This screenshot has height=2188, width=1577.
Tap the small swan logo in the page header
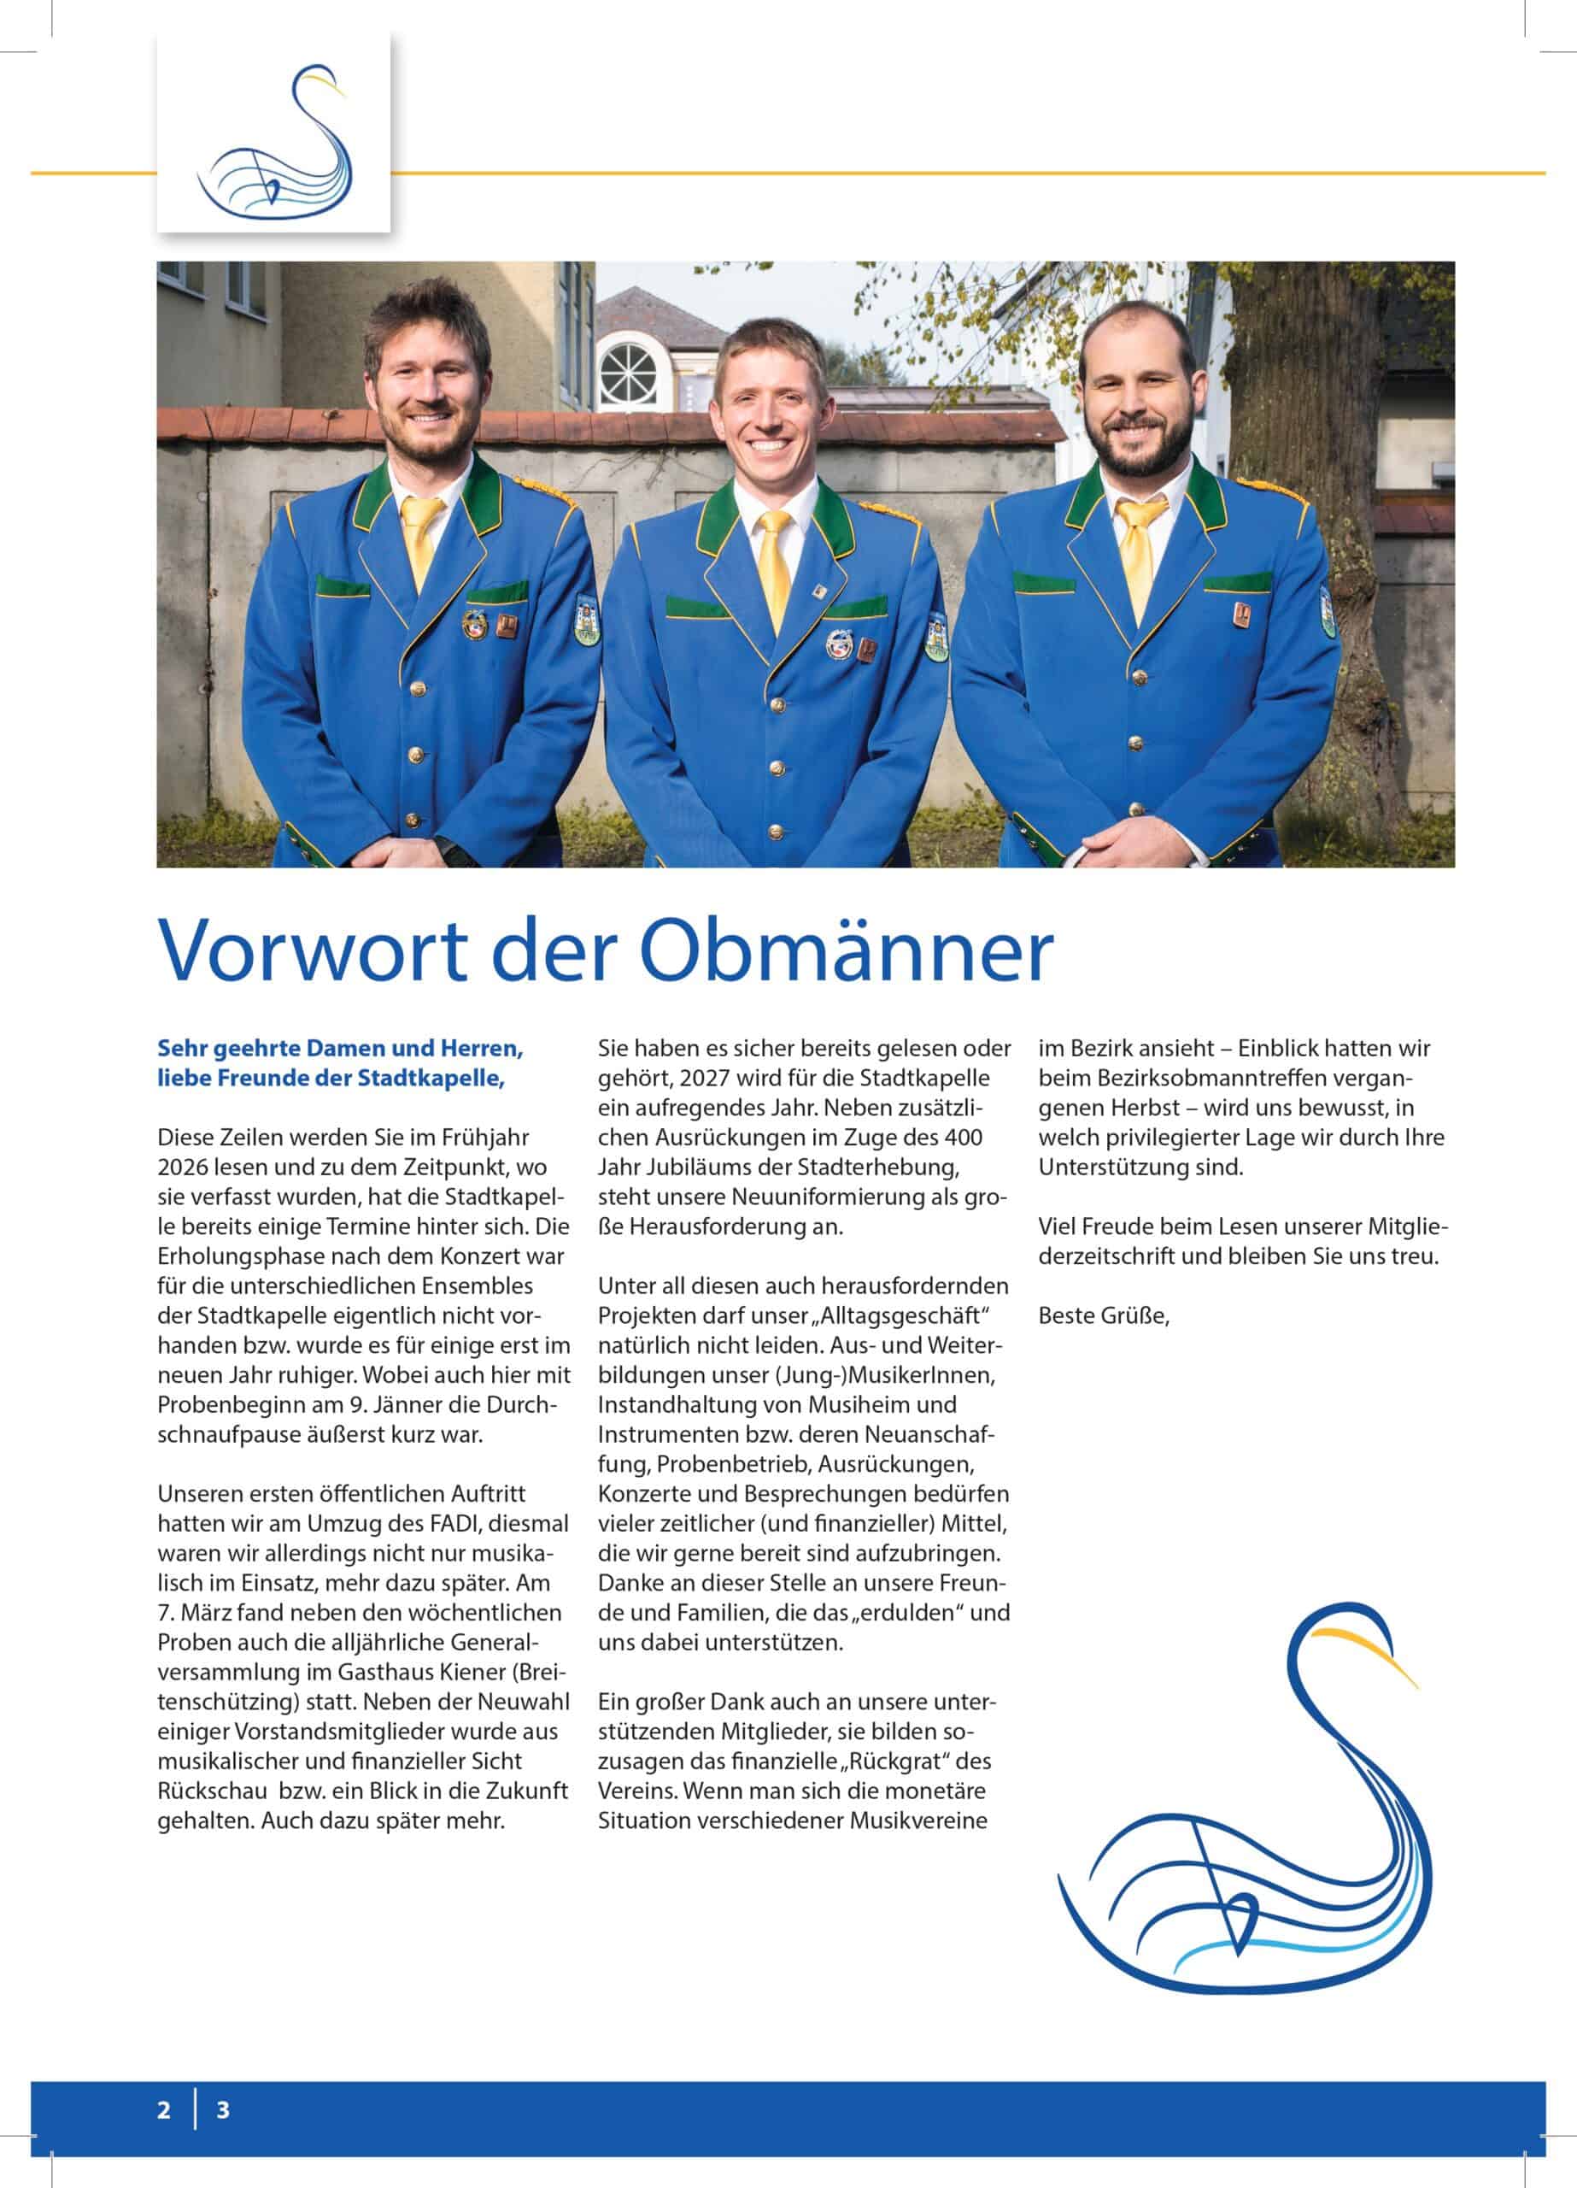coord(274,133)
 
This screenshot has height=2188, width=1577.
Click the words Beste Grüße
coord(1104,1316)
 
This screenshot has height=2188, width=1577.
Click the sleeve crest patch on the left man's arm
coord(584,619)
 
